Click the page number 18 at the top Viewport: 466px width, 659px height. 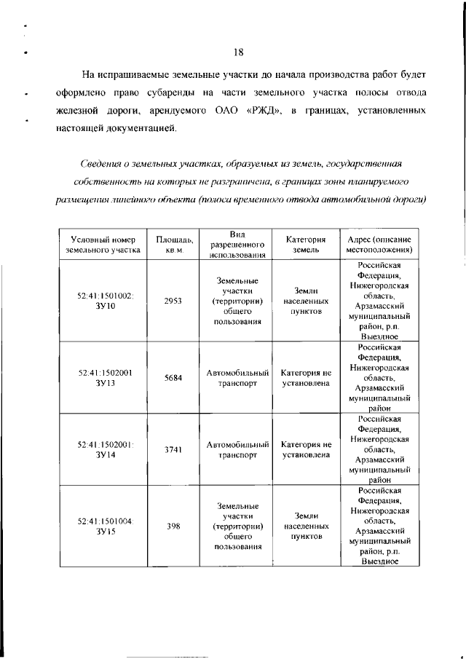[237, 51]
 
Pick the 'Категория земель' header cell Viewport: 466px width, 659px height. [305, 244]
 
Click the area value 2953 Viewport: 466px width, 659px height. [173, 300]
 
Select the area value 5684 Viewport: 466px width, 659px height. [173, 378]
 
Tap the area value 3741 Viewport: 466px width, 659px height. [173, 449]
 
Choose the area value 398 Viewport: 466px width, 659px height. [173, 525]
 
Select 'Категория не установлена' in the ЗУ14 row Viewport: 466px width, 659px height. [306, 449]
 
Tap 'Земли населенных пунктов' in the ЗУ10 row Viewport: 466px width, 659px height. [306, 300]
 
